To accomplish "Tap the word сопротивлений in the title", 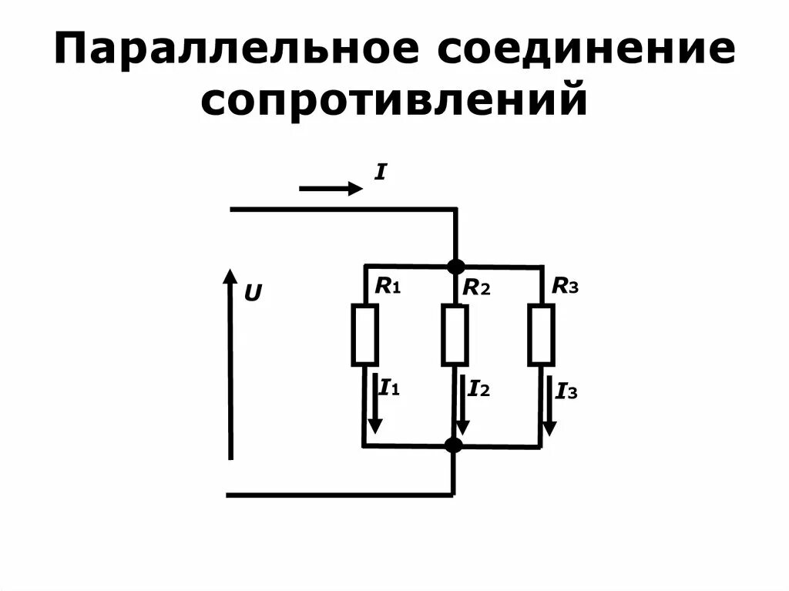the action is click(394, 102).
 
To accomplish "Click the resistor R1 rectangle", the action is click(364, 334).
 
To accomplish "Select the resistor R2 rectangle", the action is click(455, 334).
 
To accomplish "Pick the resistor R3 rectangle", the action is click(541, 334).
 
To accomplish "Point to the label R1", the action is click(388, 287).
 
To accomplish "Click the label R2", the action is click(476, 288).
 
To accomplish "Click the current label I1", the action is click(389, 388).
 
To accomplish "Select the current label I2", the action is click(478, 388).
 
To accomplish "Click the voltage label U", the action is click(253, 293).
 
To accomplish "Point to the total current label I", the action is click(380, 173).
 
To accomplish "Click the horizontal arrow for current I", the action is click(331, 187).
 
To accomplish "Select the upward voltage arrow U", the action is click(230, 362).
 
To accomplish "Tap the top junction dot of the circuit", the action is click(455, 267).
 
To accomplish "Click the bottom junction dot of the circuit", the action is click(454, 445).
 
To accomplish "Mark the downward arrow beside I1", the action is click(375, 404).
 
